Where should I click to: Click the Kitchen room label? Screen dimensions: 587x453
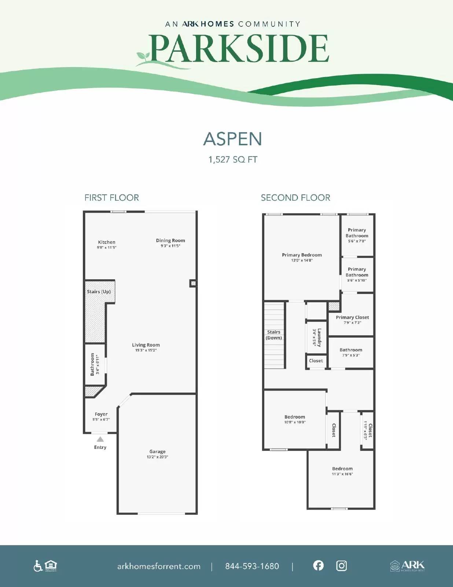[107, 242]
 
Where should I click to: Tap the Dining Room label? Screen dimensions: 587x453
[170, 240]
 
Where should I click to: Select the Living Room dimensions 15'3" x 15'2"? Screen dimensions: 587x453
[146, 350]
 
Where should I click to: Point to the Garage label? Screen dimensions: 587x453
[157, 451]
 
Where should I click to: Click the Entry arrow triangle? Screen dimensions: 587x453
[100, 439]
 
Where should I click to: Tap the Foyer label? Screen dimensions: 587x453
[101, 414]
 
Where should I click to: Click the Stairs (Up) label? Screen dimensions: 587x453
[99, 292]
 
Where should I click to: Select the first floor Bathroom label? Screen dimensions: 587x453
[92, 364]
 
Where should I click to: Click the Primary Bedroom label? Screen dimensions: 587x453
[302, 255]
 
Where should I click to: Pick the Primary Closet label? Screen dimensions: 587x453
[352, 317]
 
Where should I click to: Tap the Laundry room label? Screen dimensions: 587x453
[319, 338]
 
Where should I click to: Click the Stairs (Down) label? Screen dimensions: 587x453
[274, 335]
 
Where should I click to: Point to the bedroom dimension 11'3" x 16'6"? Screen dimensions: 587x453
[342, 474]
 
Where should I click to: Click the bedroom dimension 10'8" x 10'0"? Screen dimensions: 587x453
[295, 422]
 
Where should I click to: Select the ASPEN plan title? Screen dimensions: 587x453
[233, 139]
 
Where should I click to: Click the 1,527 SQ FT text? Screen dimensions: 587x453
[233, 160]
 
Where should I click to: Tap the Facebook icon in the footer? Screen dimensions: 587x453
[318, 565]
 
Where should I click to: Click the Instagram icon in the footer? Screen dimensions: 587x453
[341, 566]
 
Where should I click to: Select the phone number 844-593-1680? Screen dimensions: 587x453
[252, 566]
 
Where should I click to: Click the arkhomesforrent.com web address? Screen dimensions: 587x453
[159, 566]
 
